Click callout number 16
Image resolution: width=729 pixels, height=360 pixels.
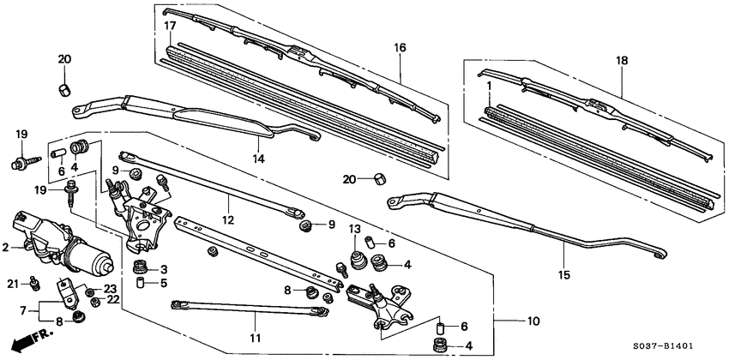[400, 48]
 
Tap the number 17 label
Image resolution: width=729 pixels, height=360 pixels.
[170, 27]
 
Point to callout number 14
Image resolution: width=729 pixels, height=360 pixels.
[256, 159]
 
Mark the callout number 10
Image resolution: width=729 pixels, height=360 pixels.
[533, 321]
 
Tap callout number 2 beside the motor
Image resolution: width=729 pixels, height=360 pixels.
[5, 247]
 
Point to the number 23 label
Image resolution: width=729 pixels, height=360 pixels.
[110, 288]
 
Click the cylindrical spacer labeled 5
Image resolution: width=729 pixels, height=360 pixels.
[136, 283]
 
